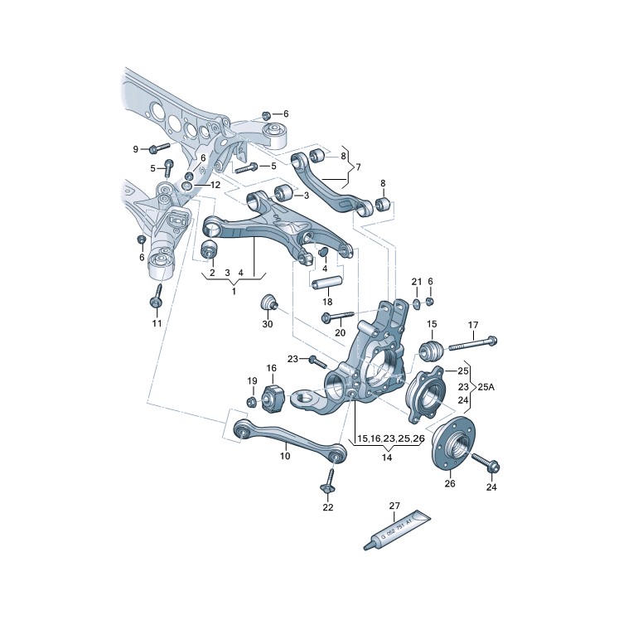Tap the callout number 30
268,324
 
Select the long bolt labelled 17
473,344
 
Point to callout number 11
157,323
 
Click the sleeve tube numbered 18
326,283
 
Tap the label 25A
486,387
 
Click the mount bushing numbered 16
272,398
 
